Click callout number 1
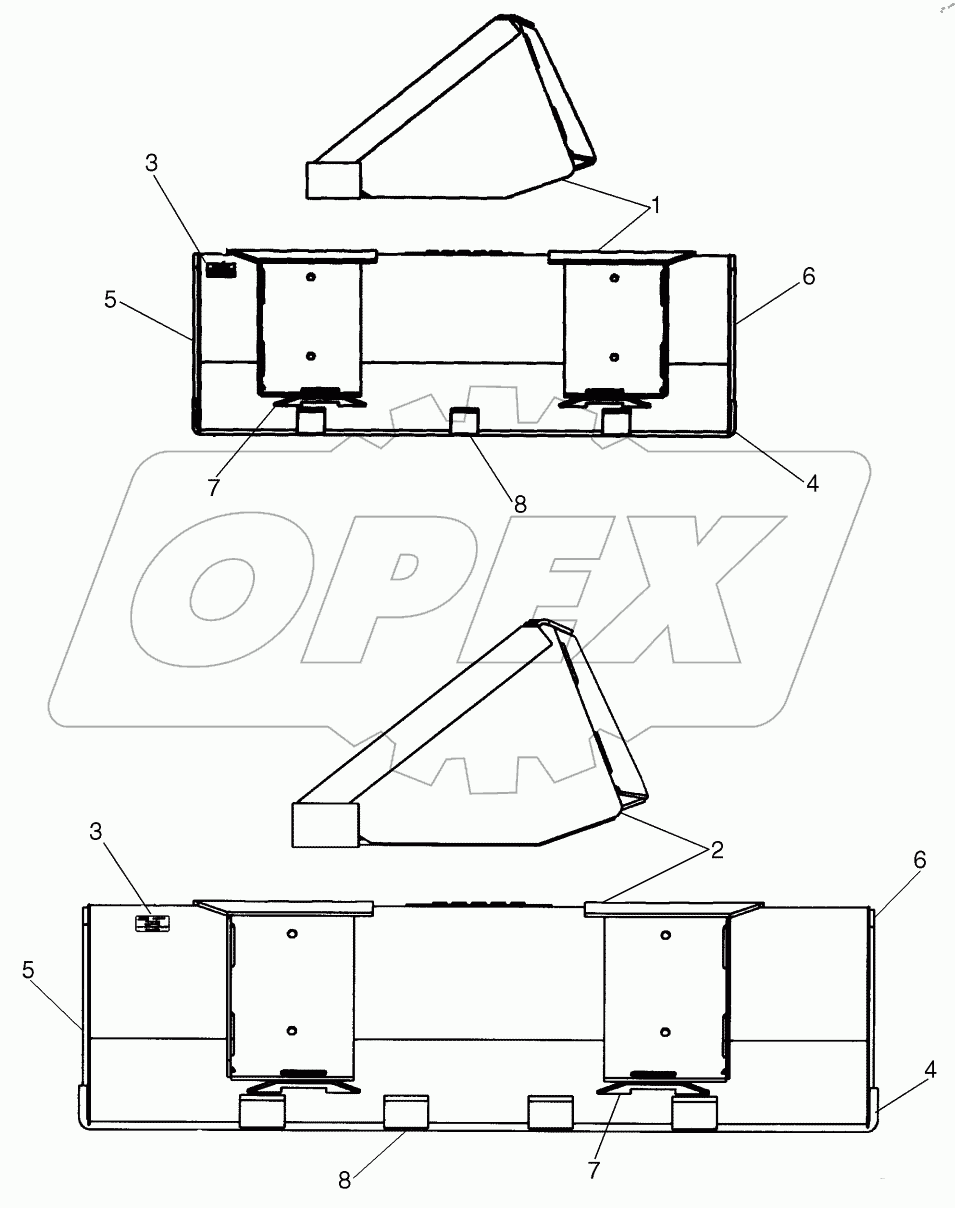[x=656, y=206]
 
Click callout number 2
[x=716, y=850]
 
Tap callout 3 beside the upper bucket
[x=151, y=164]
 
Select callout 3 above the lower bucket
[x=96, y=830]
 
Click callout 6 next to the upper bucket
[x=807, y=277]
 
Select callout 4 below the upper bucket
[x=812, y=483]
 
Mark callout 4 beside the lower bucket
[x=930, y=1069]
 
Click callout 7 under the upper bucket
[x=211, y=487]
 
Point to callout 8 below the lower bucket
[x=344, y=1181]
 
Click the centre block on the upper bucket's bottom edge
[x=463, y=421]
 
